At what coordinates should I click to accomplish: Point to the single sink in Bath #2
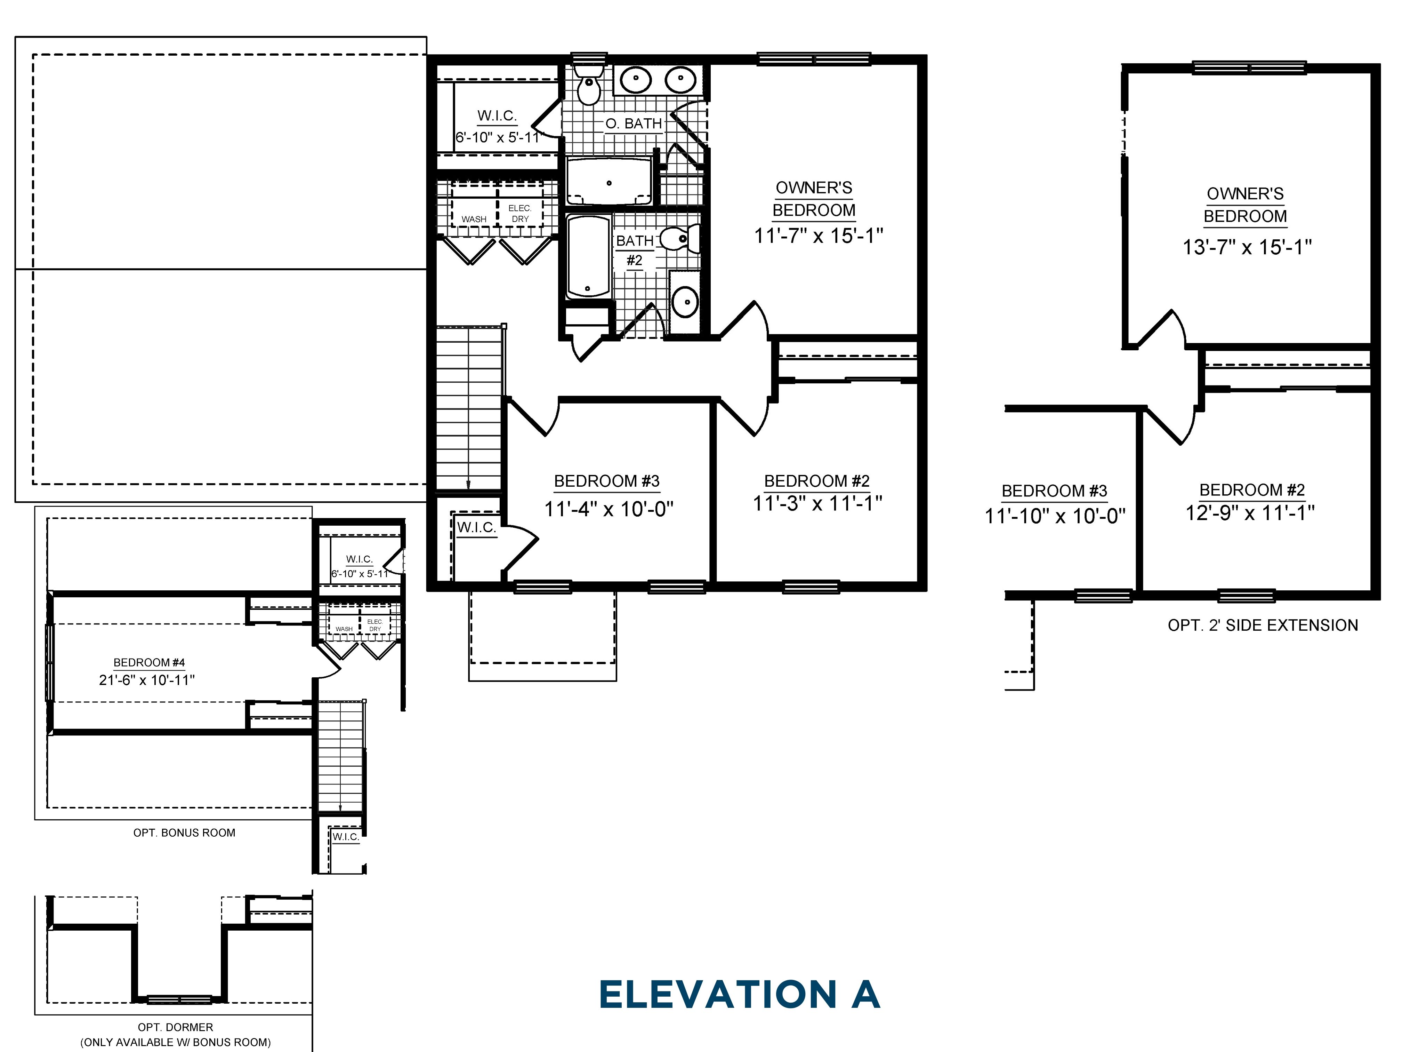coord(685,301)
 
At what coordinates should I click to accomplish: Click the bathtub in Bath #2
coord(588,257)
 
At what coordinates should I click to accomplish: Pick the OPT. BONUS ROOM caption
coord(184,832)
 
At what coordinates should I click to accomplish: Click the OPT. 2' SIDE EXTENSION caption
coord(1263,625)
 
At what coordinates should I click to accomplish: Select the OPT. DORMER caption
coord(176,1027)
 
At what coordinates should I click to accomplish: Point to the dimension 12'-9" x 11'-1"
coord(1250,512)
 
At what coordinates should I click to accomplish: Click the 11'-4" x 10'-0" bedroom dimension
coord(609,509)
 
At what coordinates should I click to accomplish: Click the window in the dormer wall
coord(179,1000)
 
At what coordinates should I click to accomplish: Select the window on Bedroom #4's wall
coord(49,663)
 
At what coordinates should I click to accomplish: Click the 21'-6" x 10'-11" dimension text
coord(147,680)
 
